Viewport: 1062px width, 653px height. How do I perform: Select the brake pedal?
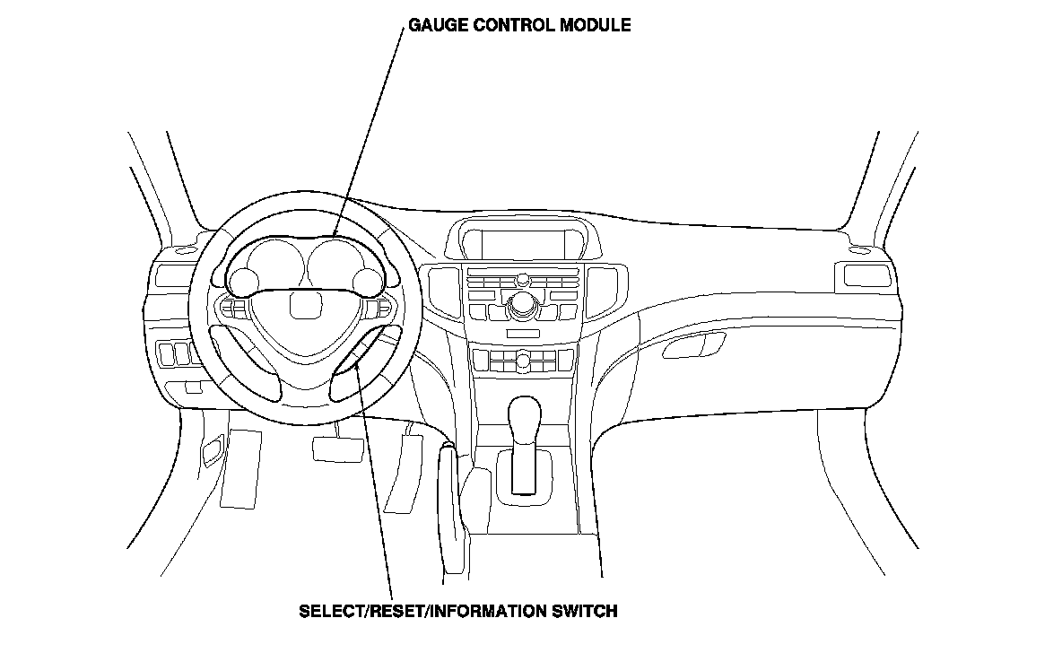[x=336, y=447]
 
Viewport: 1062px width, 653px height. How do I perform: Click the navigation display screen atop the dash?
[x=522, y=243]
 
